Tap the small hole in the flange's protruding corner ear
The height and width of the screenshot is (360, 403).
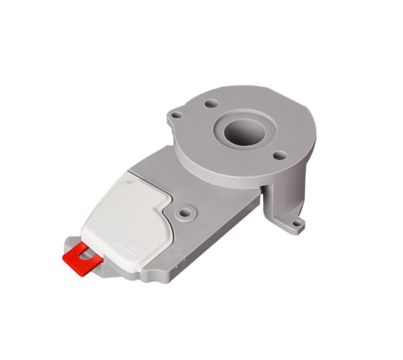tap(177, 115)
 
